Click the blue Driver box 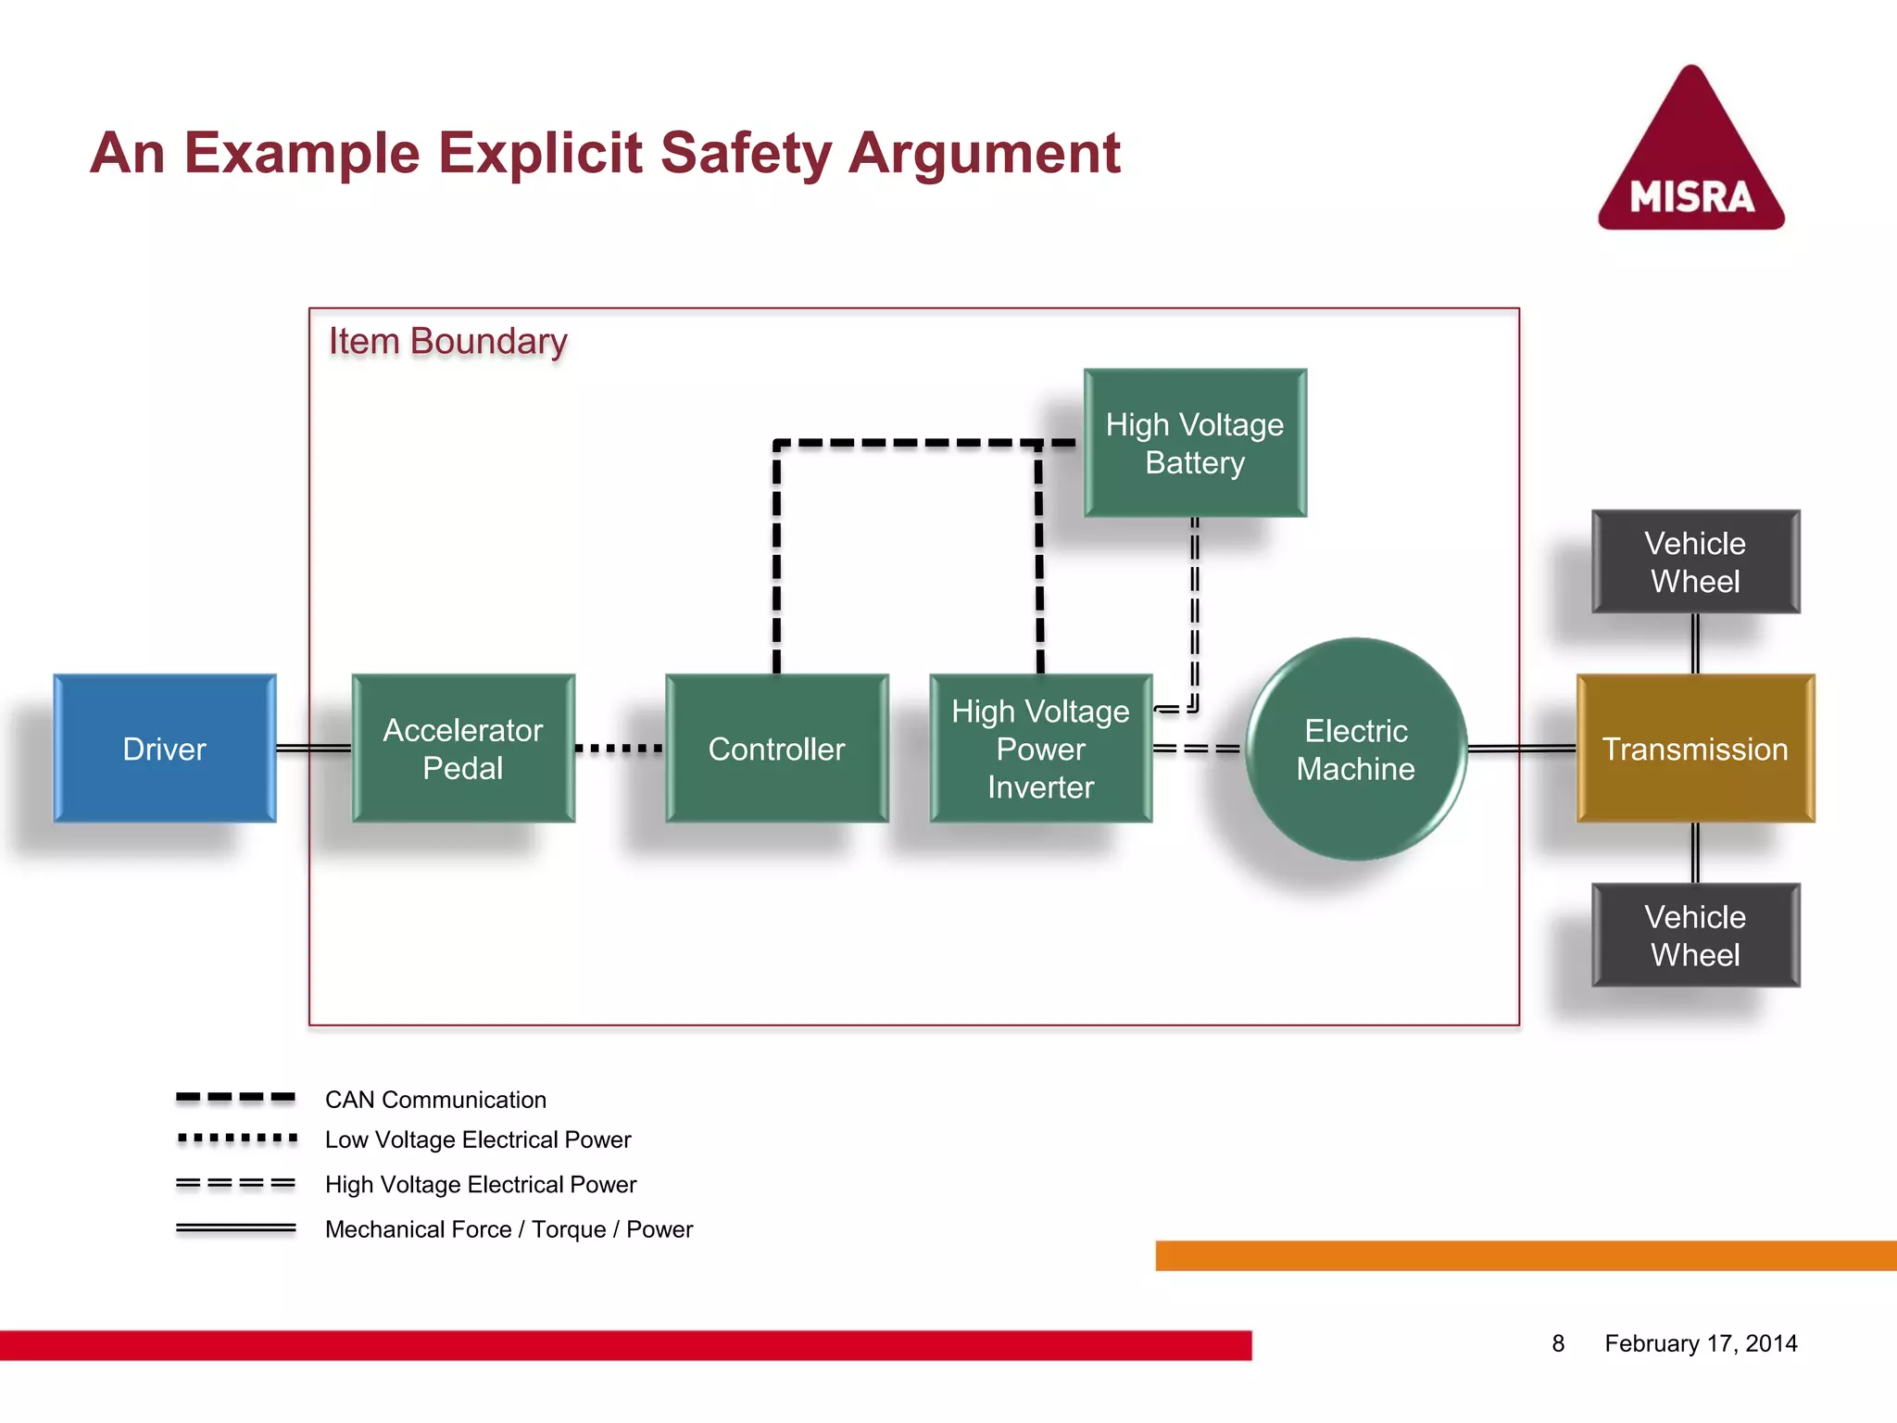pyautogui.click(x=165, y=749)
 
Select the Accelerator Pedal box pyautogui.click(x=463, y=749)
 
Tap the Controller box pyautogui.click(x=776, y=749)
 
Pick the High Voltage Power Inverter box pyautogui.click(x=1040, y=749)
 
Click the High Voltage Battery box pyautogui.click(x=1195, y=443)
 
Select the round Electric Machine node pyautogui.click(x=1355, y=749)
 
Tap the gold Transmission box pyautogui.click(x=1695, y=749)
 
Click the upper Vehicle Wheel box pyautogui.click(x=1695, y=561)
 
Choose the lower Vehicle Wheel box pyautogui.click(x=1695, y=935)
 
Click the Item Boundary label pyautogui.click(x=447, y=341)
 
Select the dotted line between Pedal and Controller pyautogui.click(x=619, y=748)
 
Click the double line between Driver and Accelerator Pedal pyautogui.click(x=314, y=748)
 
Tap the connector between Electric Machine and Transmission pyautogui.click(x=1521, y=748)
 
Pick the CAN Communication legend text pyautogui.click(x=435, y=1100)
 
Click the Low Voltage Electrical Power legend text pyautogui.click(x=478, y=1140)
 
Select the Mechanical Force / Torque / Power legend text pyautogui.click(x=509, y=1229)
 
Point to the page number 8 pyautogui.click(x=1558, y=1343)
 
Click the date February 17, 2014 pyautogui.click(x=1701, y=1343)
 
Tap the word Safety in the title pyautogui.click(x=746, y=153)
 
